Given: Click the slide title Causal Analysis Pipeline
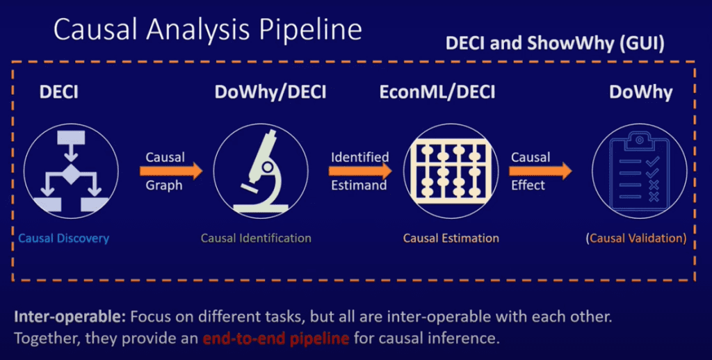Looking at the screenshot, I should pos(207,31).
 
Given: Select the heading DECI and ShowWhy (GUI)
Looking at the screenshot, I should pos(554,44).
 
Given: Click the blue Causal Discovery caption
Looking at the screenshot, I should pos(64,238).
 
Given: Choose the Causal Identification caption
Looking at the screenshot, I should pos(256,238).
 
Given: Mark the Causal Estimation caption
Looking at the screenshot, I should pos(451,238).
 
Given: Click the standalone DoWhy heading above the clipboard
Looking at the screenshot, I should pos(641,92).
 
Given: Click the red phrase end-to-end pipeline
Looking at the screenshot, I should pos(277,340).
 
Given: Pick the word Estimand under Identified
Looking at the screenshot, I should pos(359,186).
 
